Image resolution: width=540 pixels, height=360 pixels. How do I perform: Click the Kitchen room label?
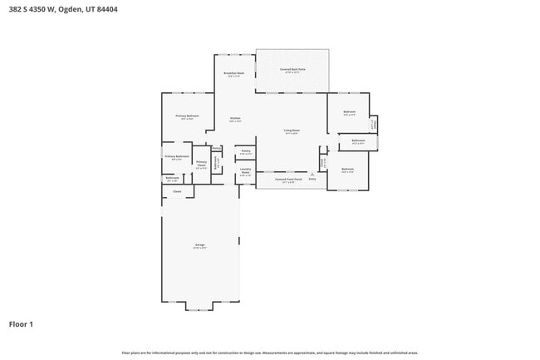235,119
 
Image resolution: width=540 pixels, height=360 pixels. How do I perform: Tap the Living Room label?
292,131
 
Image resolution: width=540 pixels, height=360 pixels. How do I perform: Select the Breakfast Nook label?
234,74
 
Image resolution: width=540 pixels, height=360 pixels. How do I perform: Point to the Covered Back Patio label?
292,71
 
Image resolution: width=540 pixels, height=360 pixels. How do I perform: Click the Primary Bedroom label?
187,116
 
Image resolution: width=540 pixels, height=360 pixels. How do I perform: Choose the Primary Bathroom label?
177,157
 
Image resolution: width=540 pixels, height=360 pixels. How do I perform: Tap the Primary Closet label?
201,164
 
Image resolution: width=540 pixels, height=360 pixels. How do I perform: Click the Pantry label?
246,152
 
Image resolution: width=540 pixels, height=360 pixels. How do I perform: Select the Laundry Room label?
245,171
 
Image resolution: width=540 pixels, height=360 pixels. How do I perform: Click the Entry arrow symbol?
312,172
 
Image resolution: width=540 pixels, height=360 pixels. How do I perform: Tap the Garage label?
200,245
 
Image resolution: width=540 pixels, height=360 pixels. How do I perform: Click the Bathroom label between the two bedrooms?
358,142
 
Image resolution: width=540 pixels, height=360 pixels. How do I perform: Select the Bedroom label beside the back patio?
350,112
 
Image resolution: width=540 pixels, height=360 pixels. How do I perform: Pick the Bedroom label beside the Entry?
347,170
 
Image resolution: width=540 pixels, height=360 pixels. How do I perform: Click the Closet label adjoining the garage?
177,192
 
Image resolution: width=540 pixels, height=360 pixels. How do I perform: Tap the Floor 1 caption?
21,323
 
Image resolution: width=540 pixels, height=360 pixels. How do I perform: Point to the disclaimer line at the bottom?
269,353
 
